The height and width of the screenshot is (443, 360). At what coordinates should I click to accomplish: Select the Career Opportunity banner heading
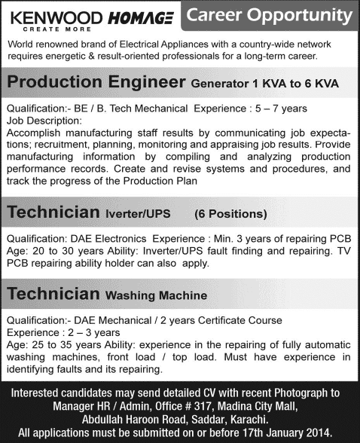pyautogui.click(x=269, y=15)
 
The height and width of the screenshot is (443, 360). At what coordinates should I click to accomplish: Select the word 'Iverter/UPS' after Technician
pyautogui.click(x=138, y=214)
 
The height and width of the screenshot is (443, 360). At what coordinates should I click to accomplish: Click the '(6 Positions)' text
pyautogui.click(x=231, y=214)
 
